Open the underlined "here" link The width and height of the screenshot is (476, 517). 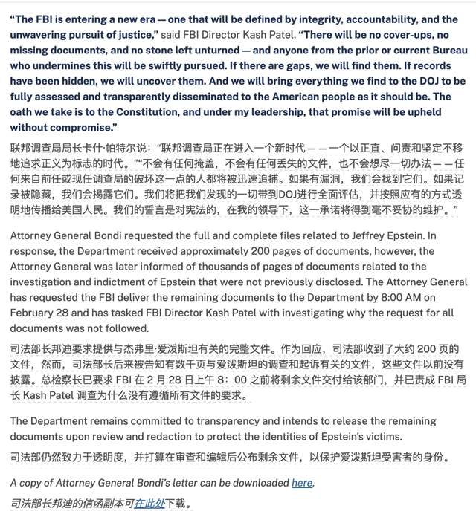(x=302, y=483)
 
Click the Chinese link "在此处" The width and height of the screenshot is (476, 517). (x=149, y=503)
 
